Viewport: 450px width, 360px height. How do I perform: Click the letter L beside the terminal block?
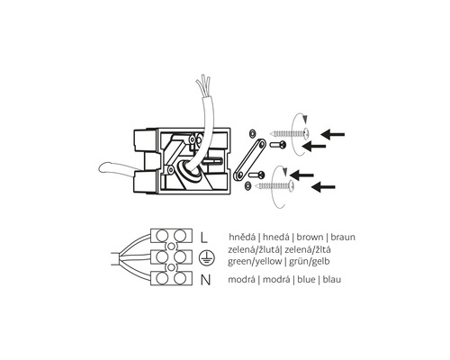pos(204,237)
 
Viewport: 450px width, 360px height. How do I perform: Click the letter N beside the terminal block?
pos(205,280)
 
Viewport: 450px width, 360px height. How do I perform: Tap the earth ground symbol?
pos(206,258)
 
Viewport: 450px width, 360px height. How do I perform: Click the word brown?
pos(310,237)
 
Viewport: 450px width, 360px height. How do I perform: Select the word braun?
pos(343,237)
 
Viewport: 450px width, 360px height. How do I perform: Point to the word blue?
pos(306,280)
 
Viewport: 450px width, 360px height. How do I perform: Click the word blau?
pos(332,280)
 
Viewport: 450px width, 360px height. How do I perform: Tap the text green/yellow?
pos(255,262)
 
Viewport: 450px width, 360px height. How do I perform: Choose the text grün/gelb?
pos(310,262)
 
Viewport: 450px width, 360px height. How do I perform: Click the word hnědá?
pos(243,237)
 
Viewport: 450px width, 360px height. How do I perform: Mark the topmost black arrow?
pos(332,134)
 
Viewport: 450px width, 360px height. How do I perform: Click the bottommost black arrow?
pos(323,187)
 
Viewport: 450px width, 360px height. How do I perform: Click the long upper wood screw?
pos(290,132)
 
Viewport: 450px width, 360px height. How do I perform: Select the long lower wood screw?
pos(275,186)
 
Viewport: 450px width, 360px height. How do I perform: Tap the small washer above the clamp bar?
pos(252,132)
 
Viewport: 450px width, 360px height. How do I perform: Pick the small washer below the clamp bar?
pos(248,186)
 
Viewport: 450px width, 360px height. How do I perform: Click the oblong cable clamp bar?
pos(250,159)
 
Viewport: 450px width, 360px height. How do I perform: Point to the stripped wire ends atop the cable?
pos(202,85)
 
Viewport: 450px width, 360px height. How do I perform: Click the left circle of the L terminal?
pos(162,236)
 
